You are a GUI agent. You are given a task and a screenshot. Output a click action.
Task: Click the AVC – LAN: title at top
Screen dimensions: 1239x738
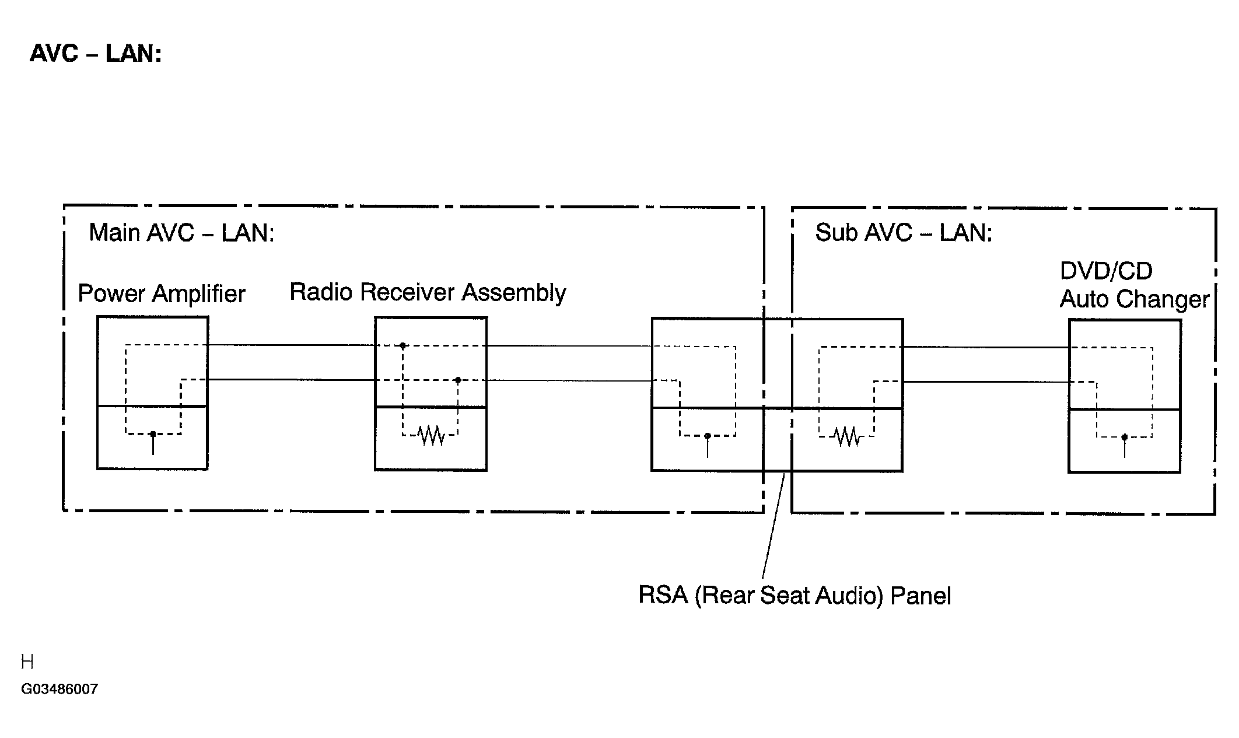96,54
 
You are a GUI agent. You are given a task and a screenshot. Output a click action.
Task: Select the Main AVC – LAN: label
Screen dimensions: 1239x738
181,233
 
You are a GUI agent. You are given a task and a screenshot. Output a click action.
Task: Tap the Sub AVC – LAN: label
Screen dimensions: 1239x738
904,233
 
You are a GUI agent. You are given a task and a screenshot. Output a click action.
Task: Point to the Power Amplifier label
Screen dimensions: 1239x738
162,293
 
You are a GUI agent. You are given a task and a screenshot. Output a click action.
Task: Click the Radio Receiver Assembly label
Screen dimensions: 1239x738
428,292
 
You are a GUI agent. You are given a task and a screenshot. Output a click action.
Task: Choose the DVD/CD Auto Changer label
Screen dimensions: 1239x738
1135,285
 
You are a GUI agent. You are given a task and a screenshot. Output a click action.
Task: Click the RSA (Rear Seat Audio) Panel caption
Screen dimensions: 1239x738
794,596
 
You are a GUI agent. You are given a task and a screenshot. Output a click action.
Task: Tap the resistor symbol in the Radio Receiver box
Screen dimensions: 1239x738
432,435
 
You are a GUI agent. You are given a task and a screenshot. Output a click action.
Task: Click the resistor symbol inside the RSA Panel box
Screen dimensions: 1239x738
847,436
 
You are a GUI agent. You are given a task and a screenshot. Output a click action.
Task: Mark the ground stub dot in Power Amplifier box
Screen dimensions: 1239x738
153,434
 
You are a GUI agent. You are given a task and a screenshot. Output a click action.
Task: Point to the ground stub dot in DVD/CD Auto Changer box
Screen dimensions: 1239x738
1125,437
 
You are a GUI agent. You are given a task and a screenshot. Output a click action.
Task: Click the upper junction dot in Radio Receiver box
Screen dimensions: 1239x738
402,346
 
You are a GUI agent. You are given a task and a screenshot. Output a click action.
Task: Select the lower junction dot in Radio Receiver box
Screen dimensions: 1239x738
458,380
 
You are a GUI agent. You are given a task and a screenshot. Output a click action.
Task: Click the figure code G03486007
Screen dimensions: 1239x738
60,689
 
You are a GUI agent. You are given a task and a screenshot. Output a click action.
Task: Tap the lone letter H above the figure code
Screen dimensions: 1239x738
27,662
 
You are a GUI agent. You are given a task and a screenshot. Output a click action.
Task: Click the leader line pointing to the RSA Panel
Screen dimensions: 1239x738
773,526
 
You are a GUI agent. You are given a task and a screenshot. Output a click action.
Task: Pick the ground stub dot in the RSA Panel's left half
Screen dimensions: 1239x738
708,436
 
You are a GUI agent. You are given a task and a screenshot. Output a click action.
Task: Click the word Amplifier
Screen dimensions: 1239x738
199,293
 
